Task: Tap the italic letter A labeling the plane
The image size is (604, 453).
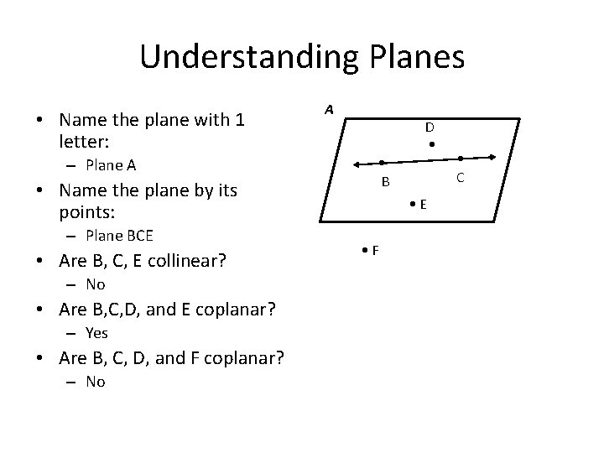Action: click(330, 110)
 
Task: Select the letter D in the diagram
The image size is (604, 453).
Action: click(429, 128)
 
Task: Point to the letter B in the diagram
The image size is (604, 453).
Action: click(385, 182)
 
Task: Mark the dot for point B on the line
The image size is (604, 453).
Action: click(381, 162)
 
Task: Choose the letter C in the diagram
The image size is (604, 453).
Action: click(460, 177)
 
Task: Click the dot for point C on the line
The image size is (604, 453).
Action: click(461, 158)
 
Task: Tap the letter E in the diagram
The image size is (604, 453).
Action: click(424, 204)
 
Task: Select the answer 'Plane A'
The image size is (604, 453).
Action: click(111, 164)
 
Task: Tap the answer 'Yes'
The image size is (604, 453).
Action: click(96, 332)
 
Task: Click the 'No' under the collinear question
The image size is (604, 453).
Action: click(95, 284)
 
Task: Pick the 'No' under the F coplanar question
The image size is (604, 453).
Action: click(95, 381)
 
